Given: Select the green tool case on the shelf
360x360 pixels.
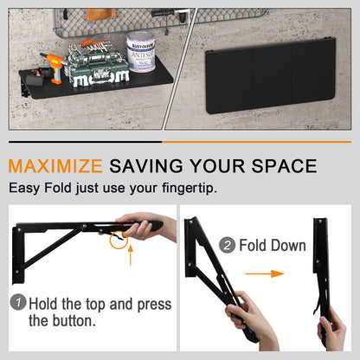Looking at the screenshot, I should [x=96, y=68].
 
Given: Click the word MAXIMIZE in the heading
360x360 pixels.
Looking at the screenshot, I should [x=56, y=165].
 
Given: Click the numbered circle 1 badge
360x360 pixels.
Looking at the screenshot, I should [x=18, y=304].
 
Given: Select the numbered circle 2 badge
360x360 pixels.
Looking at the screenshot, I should [x=228, y=246].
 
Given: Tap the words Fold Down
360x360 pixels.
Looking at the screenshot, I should [x=273, y=246].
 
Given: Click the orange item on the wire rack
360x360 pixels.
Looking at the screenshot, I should [x=93, y=15].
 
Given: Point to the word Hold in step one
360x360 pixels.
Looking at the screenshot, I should [x=46, y=304].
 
